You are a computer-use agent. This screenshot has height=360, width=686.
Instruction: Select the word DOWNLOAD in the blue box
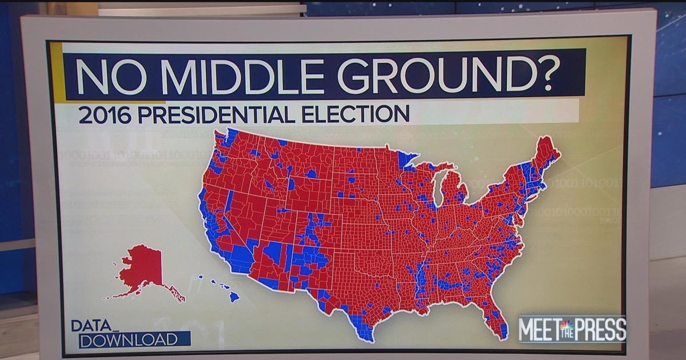128,339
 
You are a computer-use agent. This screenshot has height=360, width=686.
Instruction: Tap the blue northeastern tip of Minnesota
407,158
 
